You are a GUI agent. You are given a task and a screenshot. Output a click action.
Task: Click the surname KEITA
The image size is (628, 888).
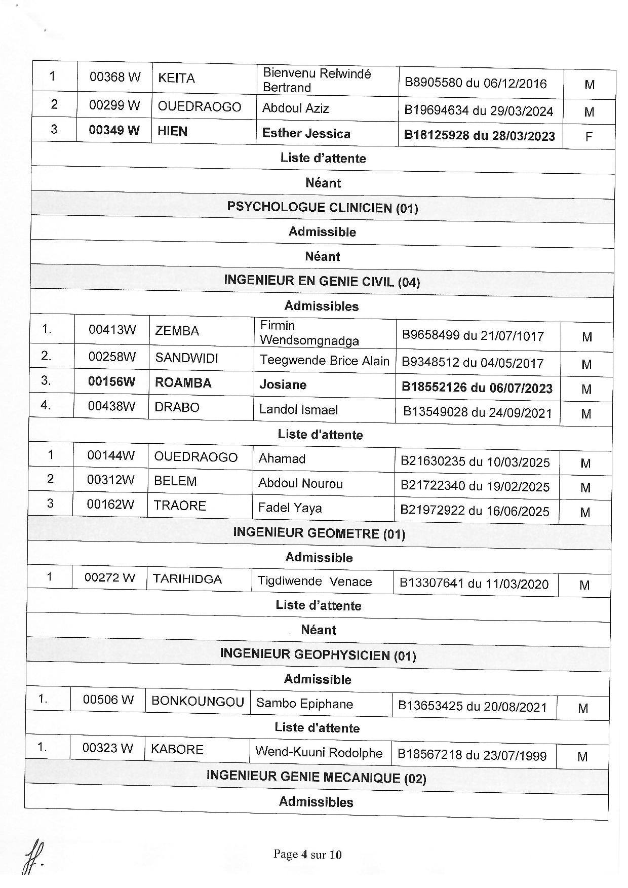(176, 78)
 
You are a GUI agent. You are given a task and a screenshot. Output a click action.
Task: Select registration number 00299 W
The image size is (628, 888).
(114, 105)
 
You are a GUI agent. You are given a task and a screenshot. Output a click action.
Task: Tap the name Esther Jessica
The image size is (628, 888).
(306, 133)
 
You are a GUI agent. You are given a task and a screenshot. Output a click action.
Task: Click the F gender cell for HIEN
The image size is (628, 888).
(588, 137)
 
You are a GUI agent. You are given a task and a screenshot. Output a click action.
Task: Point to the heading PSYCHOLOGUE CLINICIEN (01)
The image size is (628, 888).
(323, 207)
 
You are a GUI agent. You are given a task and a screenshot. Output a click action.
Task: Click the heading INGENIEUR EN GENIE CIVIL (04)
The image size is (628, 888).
(322, 281)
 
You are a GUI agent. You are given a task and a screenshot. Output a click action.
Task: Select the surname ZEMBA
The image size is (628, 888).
(177, 331)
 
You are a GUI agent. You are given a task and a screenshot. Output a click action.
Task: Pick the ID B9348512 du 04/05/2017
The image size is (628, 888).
(472, 363)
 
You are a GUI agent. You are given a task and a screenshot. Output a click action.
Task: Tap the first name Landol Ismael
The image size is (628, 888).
(298, 409)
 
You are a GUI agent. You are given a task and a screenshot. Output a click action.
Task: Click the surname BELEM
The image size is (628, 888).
(175, 481)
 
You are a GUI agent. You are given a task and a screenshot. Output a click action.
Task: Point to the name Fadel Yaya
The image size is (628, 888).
(290, 508)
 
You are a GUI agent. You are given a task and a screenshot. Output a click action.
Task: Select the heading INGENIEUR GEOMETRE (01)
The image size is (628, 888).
(319, 533)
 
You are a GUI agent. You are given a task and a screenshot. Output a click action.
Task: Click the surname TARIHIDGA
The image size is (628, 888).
(187, 579)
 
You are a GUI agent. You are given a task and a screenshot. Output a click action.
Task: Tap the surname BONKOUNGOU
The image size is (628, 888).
(198, 702)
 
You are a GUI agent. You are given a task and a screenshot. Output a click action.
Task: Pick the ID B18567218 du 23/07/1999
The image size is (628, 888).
(472, 755)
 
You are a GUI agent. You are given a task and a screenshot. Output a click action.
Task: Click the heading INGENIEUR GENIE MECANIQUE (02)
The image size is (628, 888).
(316, 777)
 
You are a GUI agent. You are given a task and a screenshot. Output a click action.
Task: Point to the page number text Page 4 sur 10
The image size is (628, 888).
(307, 855)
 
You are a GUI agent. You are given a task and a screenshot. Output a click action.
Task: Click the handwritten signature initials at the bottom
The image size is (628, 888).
(33, 857)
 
